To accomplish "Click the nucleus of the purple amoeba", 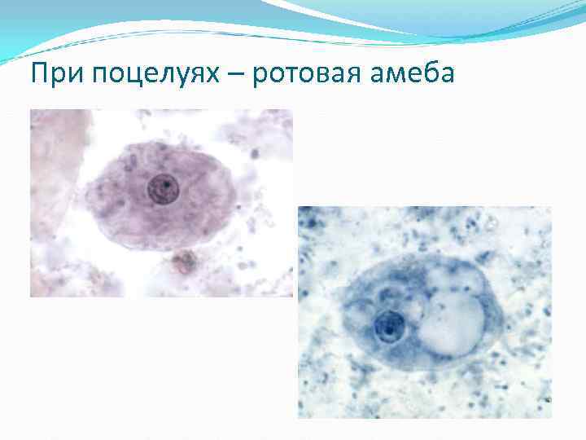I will (x=162, y=189).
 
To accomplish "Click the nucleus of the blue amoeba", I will (x=390, y=328).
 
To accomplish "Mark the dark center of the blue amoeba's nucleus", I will (x=389, y=328).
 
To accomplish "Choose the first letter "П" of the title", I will (x=38, y=75).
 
